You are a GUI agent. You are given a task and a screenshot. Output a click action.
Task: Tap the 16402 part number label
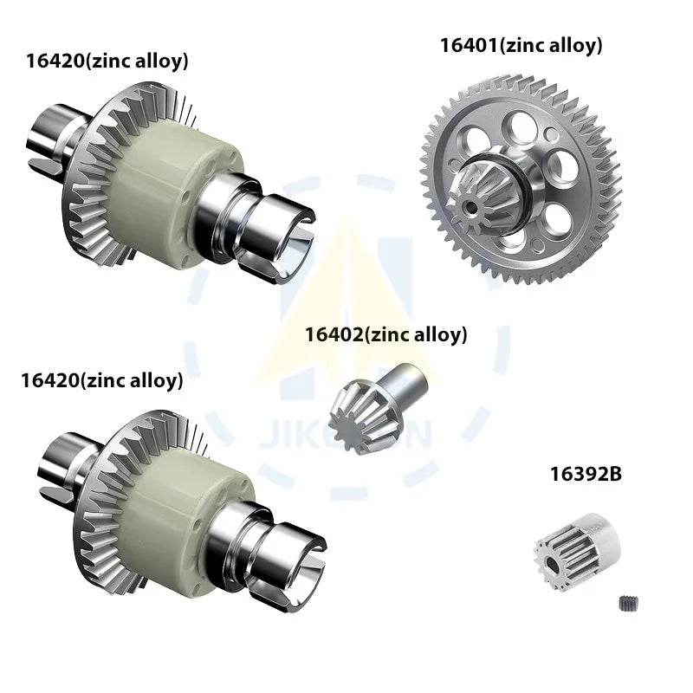click(x=334, y=334)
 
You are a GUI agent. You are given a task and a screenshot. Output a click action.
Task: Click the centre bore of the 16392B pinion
click(x=549, y=560)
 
